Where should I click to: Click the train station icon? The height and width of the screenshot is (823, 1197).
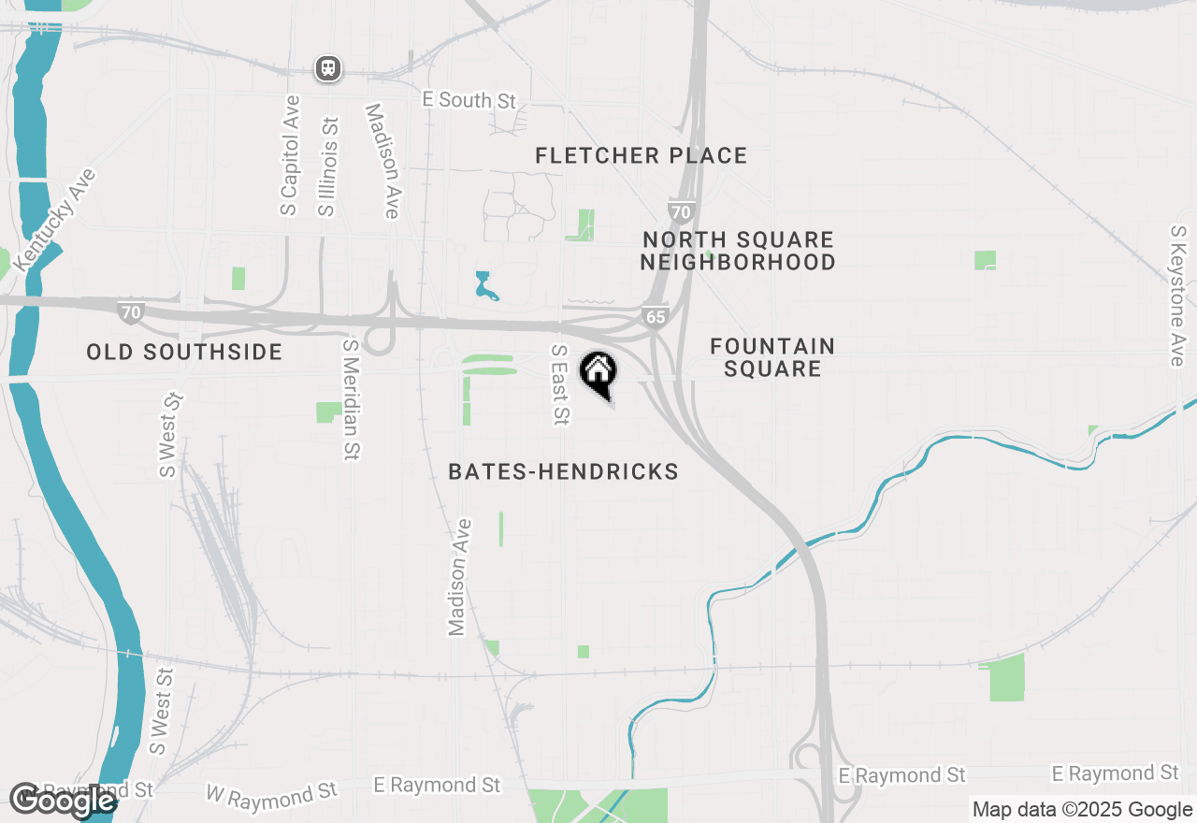tap(328, 68)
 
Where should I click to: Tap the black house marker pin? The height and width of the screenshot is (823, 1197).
tap(598, 374)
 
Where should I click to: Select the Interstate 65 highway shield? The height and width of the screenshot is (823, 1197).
tap(656, 317)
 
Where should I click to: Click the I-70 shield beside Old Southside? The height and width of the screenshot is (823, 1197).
tap(131, 311)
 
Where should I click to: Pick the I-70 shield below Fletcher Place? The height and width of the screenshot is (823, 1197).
tap(681, 211)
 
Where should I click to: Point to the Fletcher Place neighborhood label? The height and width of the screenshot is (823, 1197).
tap(642, 155)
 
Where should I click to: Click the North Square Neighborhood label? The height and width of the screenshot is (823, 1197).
tap(738, 252)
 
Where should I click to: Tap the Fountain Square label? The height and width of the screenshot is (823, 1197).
tap(772, 357)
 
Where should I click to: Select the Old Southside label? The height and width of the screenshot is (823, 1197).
tap(184, 352)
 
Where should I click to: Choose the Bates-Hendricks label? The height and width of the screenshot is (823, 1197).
tap(563, 471)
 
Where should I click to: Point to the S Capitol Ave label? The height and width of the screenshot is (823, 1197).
tap(290, 155)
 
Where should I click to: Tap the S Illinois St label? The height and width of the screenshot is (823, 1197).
tap(327, 166)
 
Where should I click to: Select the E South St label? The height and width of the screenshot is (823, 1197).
tap(469, 100)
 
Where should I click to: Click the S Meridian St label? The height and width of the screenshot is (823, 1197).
tap(351, 399)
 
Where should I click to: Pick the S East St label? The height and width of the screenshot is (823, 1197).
tap(559, 384)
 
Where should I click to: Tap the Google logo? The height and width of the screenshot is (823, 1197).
tap(62, 800)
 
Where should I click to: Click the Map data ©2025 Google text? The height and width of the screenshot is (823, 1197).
tap(1082, 810)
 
